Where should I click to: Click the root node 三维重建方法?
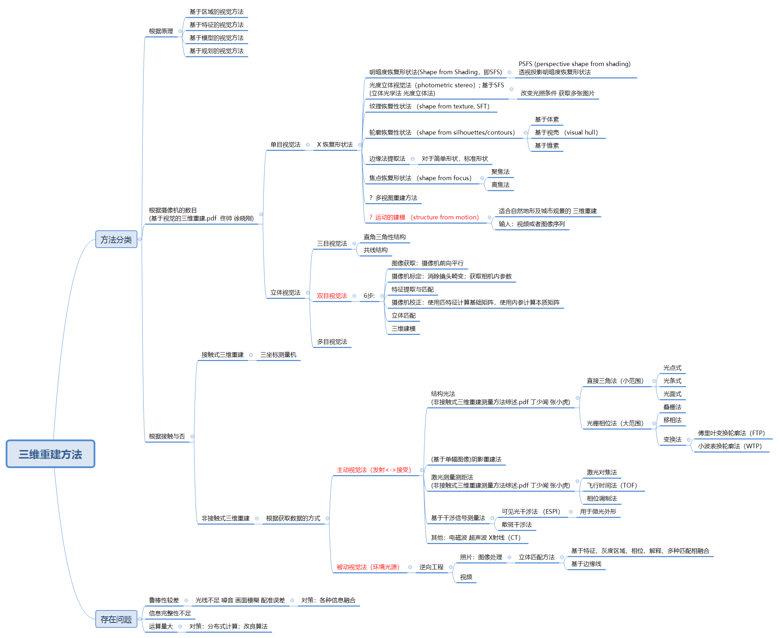click(x=50, y=454)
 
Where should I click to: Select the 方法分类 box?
click(x=116, y=240)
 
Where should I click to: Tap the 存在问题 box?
click(x=116, y=620)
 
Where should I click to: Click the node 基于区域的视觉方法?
click(x=216, y=12)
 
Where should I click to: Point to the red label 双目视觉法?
click(x=332, y=296)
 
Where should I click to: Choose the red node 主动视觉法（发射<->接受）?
click(x=374, y=470)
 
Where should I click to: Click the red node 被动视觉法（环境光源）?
click(x=368, y=567)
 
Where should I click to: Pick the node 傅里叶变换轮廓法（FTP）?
click(x=731, y=433)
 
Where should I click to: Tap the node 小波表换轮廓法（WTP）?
click(x=730, y=446)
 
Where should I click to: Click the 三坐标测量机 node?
click(x=278, y=355)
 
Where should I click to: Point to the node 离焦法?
click(x=500, y=185)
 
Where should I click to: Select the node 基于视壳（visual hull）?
click(x=566, y=133)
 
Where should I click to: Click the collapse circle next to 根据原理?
click(x=180, y=31)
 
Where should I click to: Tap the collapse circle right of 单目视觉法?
click(x=308, y=145)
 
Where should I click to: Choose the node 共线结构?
click(x=375, y=250)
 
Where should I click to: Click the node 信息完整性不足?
click(x=170, y=613)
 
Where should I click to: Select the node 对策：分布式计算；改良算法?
click(x=228, y=626)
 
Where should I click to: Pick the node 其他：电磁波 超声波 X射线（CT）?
click(x=476, y=538)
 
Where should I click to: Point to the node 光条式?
click(x=672, y=381)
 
